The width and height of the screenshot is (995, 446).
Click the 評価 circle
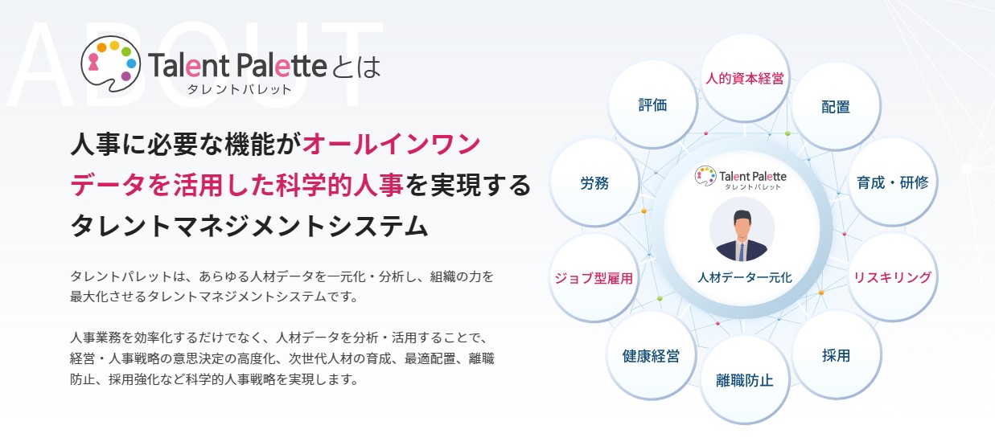(x=652, y=105)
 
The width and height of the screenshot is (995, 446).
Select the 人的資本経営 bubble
(x=745, y=80)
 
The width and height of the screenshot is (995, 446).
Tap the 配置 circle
(x=836, y=107)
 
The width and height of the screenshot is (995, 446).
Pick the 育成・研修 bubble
(x=892, y=182)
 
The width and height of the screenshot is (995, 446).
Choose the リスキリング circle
(x=892, y=278)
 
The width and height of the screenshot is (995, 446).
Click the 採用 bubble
(x=836, y=355)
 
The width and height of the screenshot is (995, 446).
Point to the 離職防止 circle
(x=744, y=380)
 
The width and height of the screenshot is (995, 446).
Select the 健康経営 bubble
(x=651, y=356)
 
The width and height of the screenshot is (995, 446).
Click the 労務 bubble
(x=594, y=183)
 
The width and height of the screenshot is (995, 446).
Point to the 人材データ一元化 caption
(x=745, y=277)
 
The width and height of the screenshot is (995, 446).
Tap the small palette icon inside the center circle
(x=705, y=175)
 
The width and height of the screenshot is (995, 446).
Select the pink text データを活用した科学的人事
(x=236, y=186)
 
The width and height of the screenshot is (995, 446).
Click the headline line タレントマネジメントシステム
(x=249, y=225)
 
